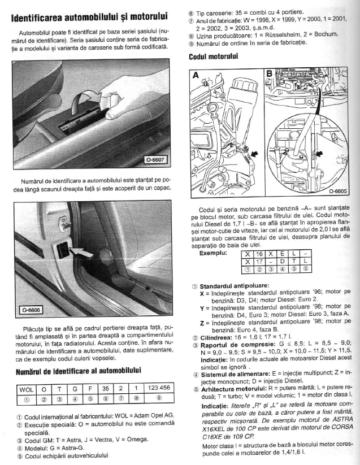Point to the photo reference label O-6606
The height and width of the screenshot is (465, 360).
(x=32, y=310)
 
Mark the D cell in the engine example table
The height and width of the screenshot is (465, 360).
(x=284, y=262)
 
